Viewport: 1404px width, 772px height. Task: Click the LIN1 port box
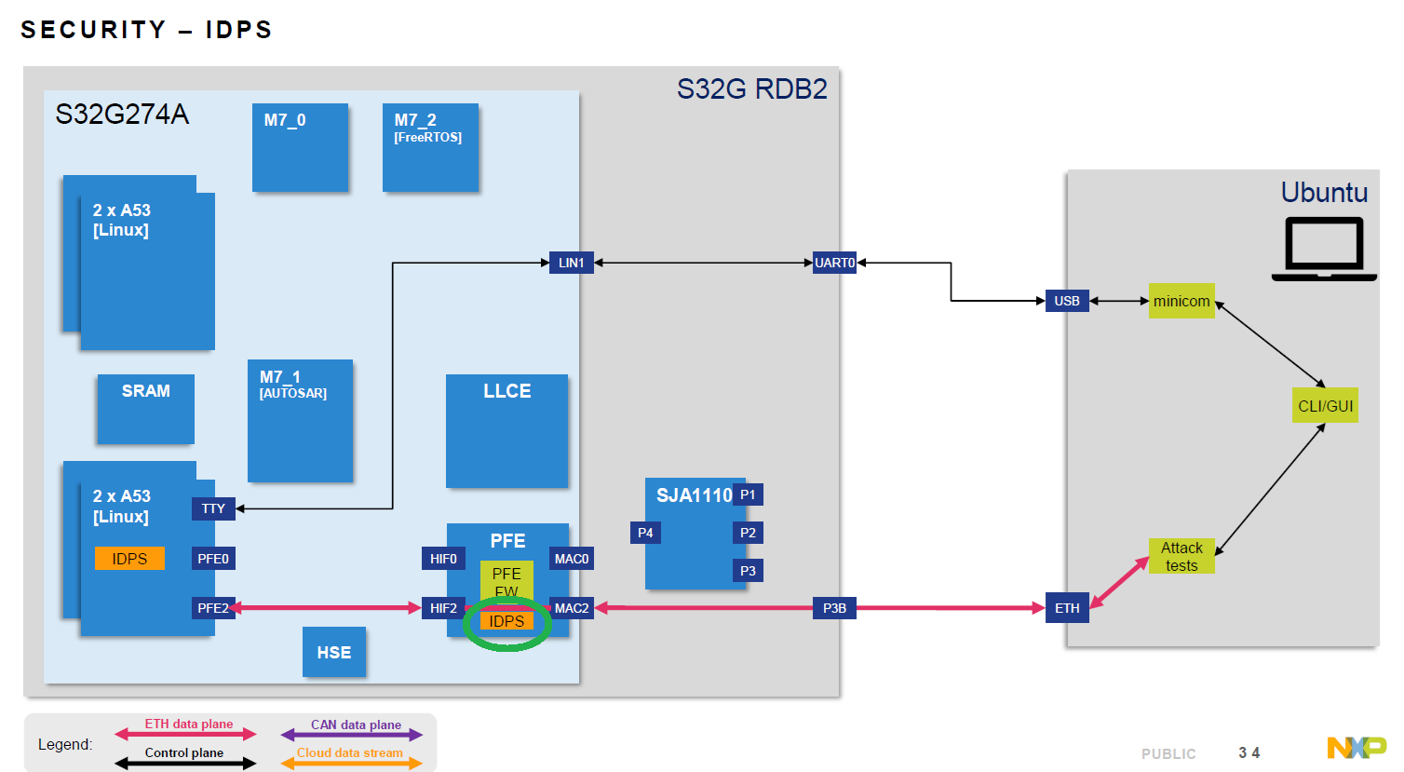point(571,263)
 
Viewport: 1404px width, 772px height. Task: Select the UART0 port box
point(834,263)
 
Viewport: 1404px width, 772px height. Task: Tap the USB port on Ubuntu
point(1067,301)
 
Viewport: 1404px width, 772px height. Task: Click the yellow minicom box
point(1181,301)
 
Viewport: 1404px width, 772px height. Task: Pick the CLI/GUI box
point(1325,406)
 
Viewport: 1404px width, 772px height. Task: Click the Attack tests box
point(1181,556)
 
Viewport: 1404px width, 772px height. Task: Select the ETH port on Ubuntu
point(1067,608)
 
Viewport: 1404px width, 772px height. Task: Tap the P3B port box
point(834,608)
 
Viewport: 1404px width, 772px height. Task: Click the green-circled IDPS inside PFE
point(507,621)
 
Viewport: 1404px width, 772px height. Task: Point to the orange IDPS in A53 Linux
point(129,559)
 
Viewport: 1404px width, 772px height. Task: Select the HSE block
point(333,652)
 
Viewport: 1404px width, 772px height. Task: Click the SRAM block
point(146,408)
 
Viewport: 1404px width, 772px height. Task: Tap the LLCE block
point(506,430)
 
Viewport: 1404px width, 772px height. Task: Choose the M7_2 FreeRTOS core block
point(430,147)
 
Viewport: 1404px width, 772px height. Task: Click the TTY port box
point(213,508)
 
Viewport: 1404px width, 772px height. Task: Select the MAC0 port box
point(572,559)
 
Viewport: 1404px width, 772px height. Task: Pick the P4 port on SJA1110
point(645,533)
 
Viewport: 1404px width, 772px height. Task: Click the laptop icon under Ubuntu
point(1324,249)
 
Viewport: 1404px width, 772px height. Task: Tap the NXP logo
point(1356,748)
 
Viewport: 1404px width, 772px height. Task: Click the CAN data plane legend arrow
point(352,735)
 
